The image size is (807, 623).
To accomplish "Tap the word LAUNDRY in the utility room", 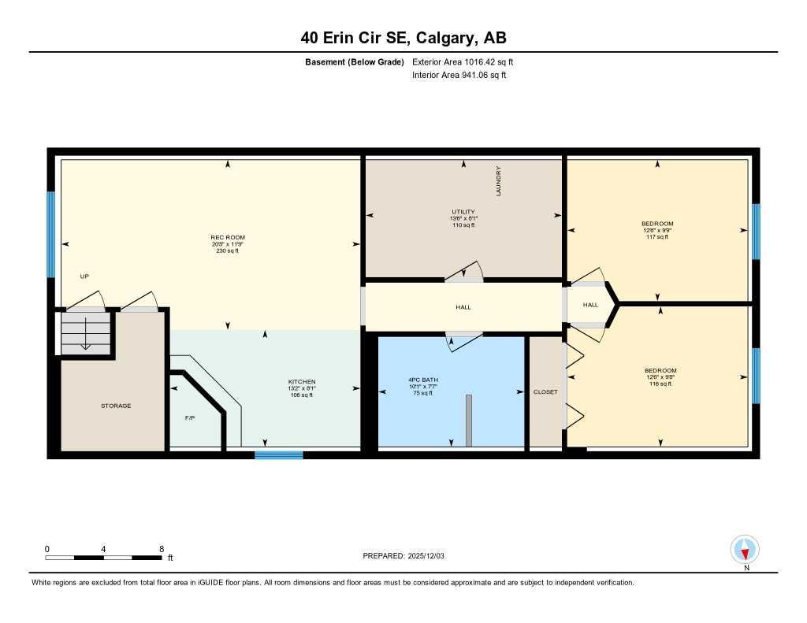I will (499, 181).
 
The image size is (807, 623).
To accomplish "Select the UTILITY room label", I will (463, 212).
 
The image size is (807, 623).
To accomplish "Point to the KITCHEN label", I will (301, 382).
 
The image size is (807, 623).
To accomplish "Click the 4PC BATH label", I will (423, 380).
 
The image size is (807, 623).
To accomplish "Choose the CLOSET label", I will (545, 391).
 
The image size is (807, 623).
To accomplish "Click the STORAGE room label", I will (116, 406).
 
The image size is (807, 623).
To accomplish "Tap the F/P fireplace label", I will (190, 417).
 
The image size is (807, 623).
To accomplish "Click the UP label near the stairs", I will (85, 276).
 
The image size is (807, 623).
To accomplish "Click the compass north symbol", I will (745, 549).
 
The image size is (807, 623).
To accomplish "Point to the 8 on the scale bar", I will (161, 549).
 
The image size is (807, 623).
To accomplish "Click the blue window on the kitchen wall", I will (279, 454).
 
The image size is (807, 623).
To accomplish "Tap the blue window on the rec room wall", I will (51, 234).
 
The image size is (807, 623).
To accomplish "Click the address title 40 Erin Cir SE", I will (403, 38).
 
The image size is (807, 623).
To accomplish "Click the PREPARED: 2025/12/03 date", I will (403, 556).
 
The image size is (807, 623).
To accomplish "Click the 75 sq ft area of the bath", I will (423, 393).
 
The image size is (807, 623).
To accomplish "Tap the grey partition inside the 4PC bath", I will (468, 421).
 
